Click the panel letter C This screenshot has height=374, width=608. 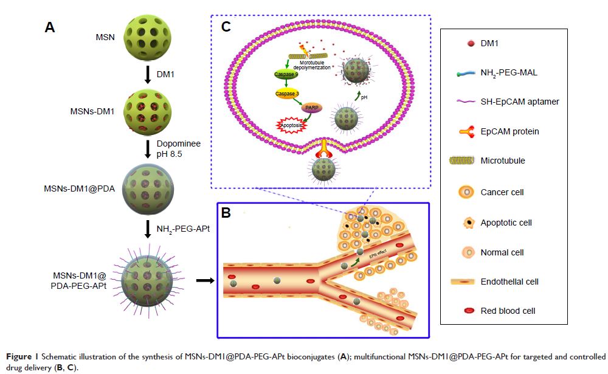226,27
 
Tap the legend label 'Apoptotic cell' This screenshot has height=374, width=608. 506,223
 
